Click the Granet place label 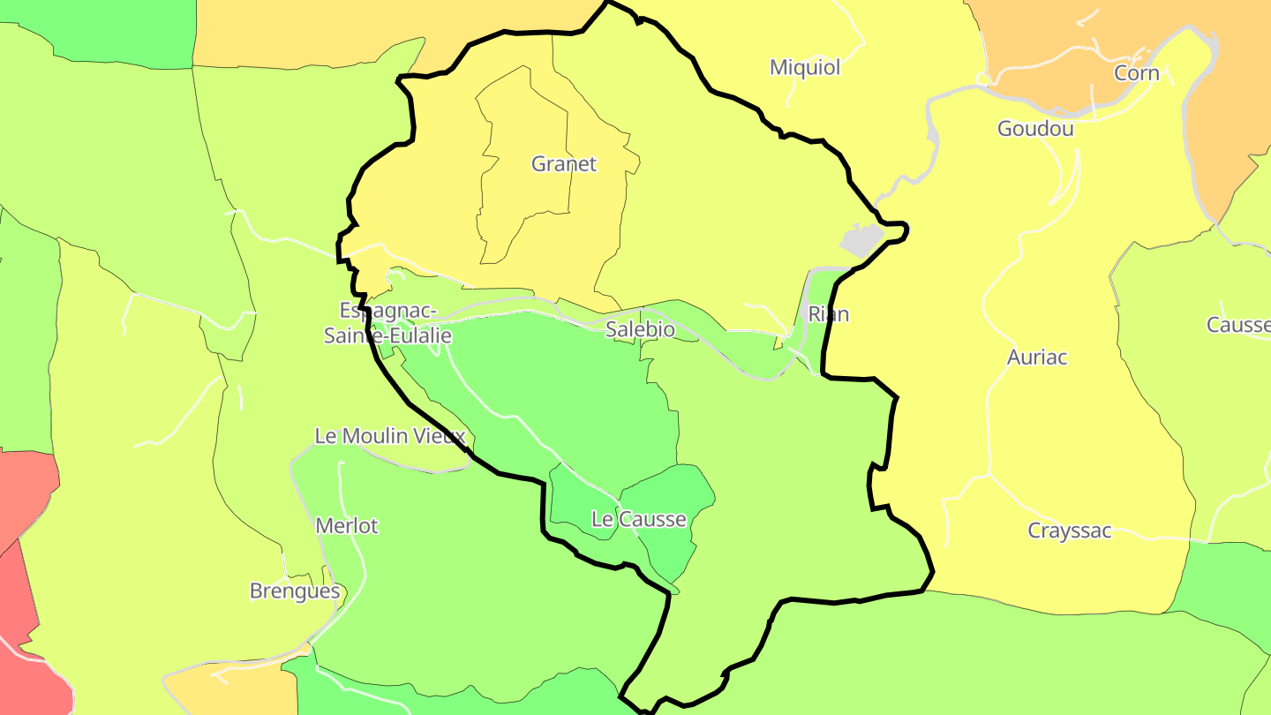pos(563,164)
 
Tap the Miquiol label pos(805,68)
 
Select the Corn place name pos(1137,73)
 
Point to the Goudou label pos(1035,129)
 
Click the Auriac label pos(1037,357)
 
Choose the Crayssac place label pos(1069,531)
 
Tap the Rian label pos(829,314)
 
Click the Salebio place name pos(640,330)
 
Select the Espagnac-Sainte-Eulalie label pos(387,323)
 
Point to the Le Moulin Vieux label pos(390,436)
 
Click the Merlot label pos(347,526)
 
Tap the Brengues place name pos(295,591)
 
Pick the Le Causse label pos(638,519)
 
